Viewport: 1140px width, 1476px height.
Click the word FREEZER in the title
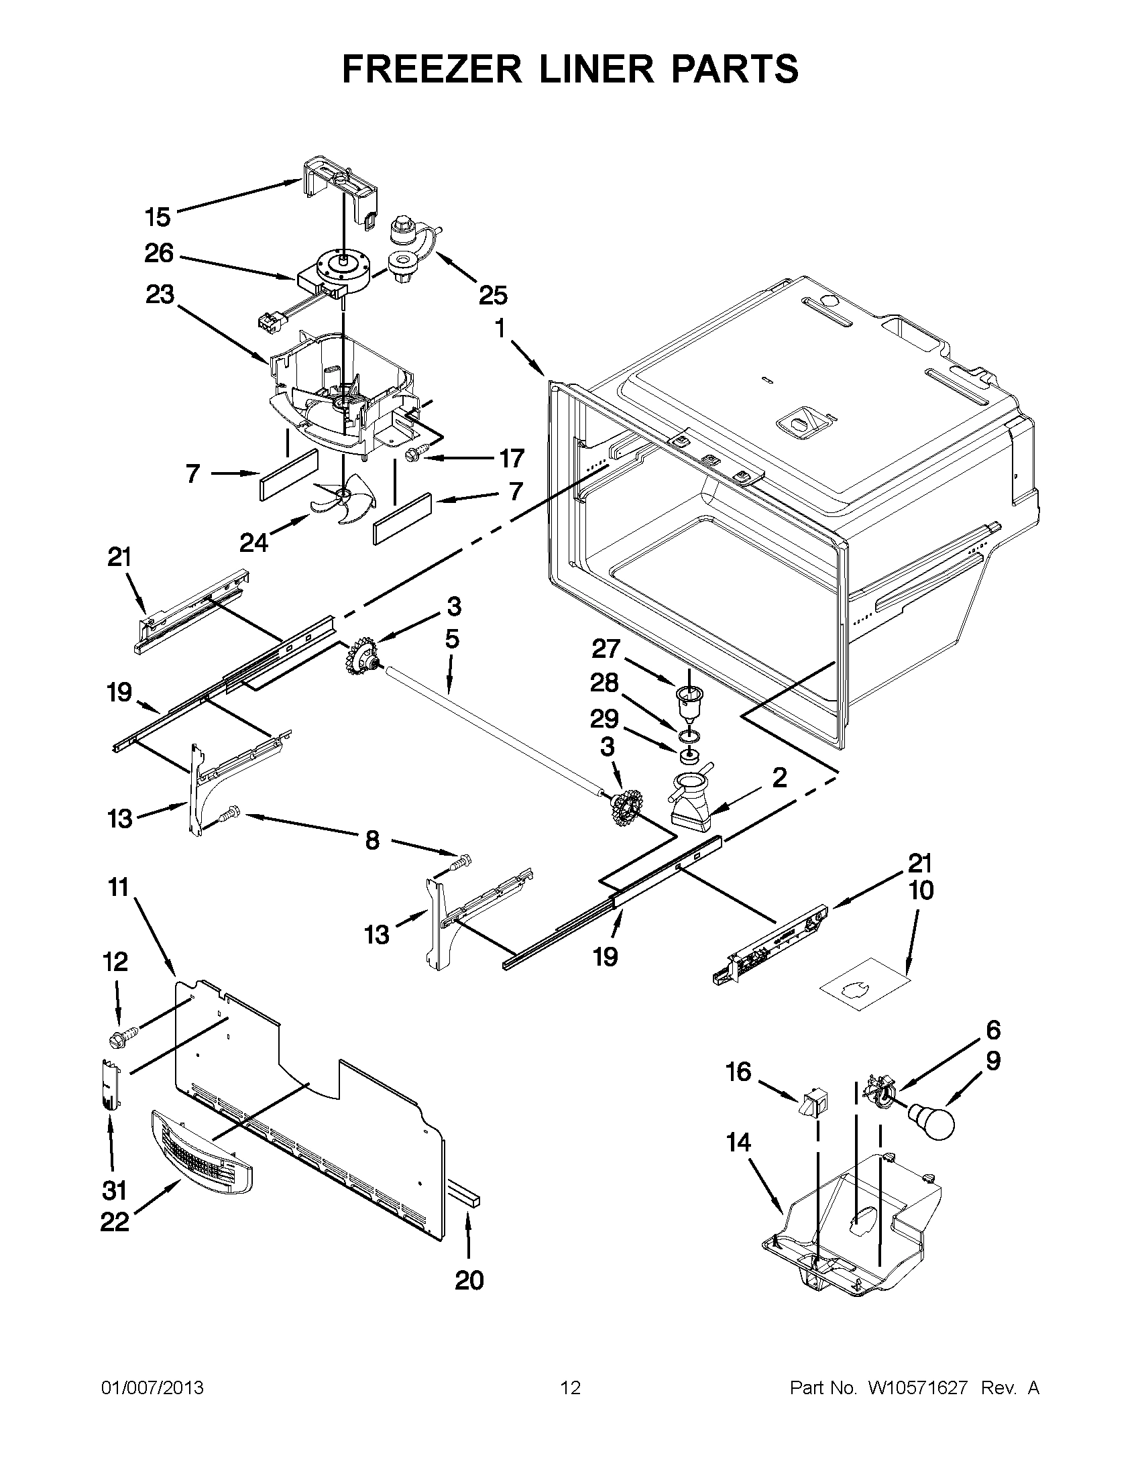coord(432,69)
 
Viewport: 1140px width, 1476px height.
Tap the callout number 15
coord(158,218)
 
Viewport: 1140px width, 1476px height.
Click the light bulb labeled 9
coord(930,1122)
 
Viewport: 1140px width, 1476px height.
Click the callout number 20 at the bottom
coord(469,1280)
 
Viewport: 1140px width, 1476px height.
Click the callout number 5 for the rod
coord(452,638)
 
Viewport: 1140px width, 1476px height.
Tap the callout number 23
coord(159,294)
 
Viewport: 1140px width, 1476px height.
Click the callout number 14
coord(738,1142)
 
